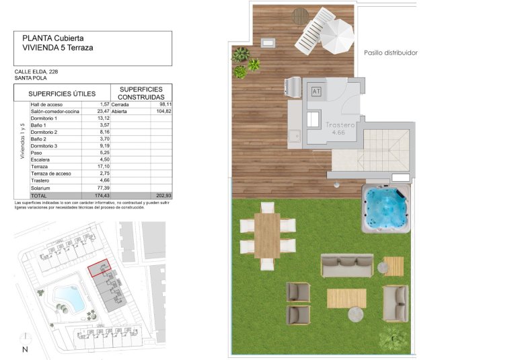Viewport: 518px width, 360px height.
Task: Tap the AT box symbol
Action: click(317, 90)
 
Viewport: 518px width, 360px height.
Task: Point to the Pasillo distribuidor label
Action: click(391, 52)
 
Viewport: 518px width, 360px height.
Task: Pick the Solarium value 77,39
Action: click(103, 188)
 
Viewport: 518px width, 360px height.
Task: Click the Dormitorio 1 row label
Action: click(44, 118)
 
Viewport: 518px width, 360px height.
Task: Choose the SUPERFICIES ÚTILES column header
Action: click(62, 94)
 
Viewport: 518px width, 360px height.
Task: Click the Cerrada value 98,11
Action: click(165, 104)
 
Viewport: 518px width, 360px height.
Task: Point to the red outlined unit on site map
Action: click(100, 269)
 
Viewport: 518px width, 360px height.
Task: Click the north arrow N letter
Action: click(25, 349)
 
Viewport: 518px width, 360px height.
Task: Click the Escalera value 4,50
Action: click(104, 159)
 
